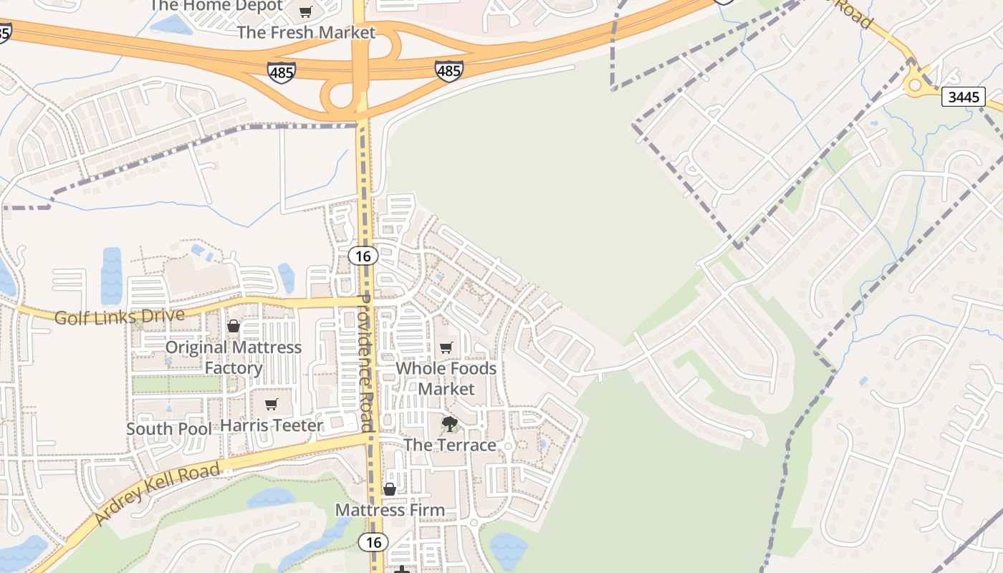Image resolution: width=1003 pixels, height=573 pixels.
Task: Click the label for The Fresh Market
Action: [306, 32]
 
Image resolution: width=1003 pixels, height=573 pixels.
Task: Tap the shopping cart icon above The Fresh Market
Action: [306, 11]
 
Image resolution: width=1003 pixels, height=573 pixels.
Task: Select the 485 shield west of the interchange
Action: [281, 72]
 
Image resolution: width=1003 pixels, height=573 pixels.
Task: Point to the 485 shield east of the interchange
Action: [448, 70]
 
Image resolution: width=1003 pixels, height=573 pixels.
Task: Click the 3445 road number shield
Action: [963, 97]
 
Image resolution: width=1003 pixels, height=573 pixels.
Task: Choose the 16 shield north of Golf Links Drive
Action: [364, 256]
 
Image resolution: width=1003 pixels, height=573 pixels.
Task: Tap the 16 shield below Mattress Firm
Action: [373, 542]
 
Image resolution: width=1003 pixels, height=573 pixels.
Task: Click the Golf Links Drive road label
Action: [120, 316]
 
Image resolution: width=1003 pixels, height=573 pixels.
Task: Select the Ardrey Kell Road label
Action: [157, 493]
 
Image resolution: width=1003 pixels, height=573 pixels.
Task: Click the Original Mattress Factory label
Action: [234, 357]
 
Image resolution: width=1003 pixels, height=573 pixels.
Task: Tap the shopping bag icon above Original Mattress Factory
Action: [234, 326]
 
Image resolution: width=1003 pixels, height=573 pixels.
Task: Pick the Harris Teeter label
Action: [272, 425]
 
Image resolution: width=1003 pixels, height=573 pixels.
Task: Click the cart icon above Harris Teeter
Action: [272, 404]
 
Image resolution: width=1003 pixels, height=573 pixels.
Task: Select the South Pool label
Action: [169, 429]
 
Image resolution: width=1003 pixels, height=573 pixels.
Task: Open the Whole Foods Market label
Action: [446, 378]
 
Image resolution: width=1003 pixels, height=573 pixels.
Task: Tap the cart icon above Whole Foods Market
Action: [446, 347]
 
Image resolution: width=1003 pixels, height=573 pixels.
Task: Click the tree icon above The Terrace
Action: [450, 424]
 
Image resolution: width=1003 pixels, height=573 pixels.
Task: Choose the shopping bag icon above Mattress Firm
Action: [390, 489]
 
